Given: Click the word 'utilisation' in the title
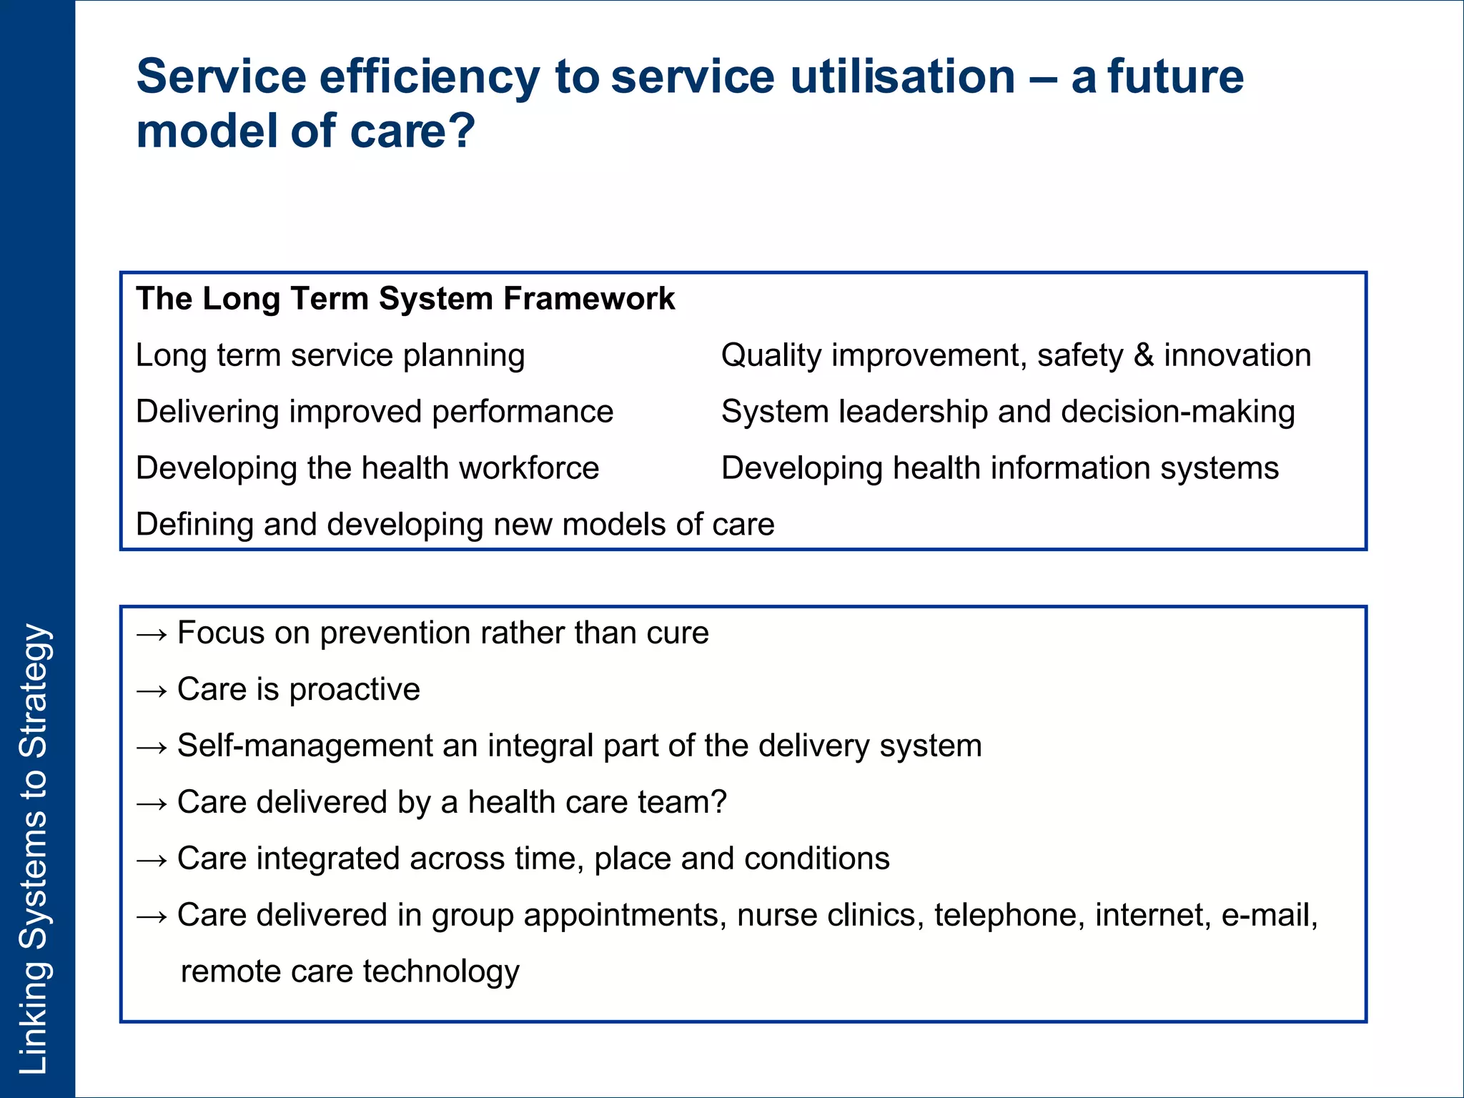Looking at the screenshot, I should click(902, 77).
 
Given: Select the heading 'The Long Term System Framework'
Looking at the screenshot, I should click(405, 299).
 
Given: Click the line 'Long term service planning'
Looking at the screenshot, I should click(330, 356).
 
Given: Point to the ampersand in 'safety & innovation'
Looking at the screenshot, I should click(1144, 356).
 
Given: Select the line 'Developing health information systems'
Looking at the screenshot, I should click(999, 469).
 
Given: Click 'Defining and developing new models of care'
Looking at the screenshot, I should click(455, 525).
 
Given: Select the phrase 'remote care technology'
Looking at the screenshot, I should click(350, 972).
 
